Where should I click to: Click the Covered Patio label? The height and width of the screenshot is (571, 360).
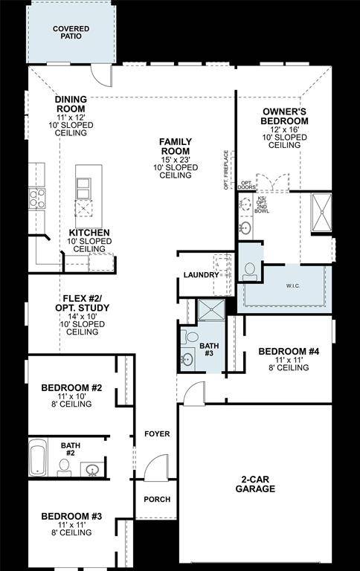(x=71, y=33)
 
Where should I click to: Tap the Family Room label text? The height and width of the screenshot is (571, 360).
(x=176, y=146)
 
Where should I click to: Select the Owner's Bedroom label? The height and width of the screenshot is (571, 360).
(x=284, y=116)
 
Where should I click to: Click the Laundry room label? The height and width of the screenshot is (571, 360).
(x=201, y=275)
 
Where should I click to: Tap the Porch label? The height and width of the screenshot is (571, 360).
(x=156, y=500)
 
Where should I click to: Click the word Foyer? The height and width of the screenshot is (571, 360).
(x=156, y=433)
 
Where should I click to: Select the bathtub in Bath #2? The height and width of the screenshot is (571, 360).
(x=38, y=458)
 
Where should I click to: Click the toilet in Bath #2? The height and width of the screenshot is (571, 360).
(x=65, y=468)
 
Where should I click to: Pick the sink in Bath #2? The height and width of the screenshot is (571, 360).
(x=92, y=469)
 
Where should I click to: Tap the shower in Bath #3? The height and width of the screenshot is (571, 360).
(x=210, y=312)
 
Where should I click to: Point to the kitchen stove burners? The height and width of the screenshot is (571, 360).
(x=36, y=198)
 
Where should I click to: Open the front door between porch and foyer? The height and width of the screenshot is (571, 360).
(x=153, y=468)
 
